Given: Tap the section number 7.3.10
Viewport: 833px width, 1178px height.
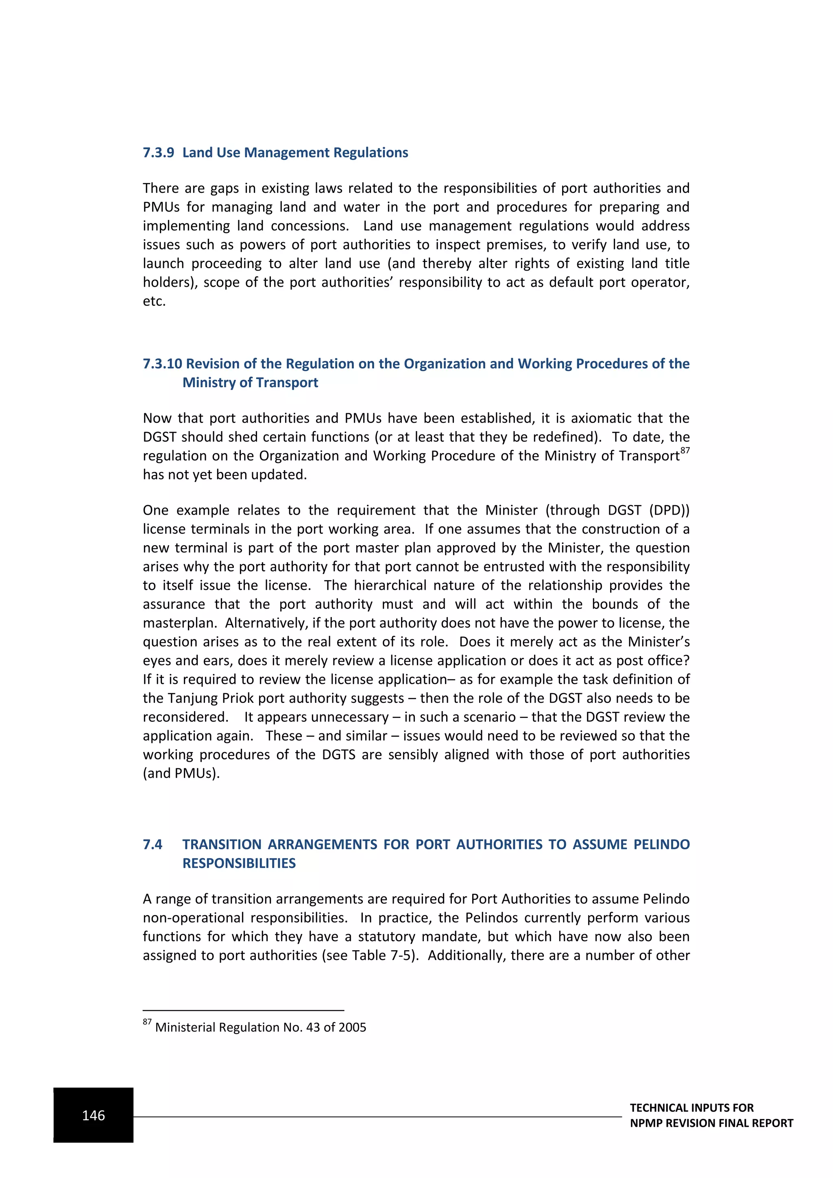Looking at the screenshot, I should pyautogui.click(x=162, y=364).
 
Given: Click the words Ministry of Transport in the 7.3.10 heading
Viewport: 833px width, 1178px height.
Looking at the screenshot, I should pyautogui.click(x=250, y=383).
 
